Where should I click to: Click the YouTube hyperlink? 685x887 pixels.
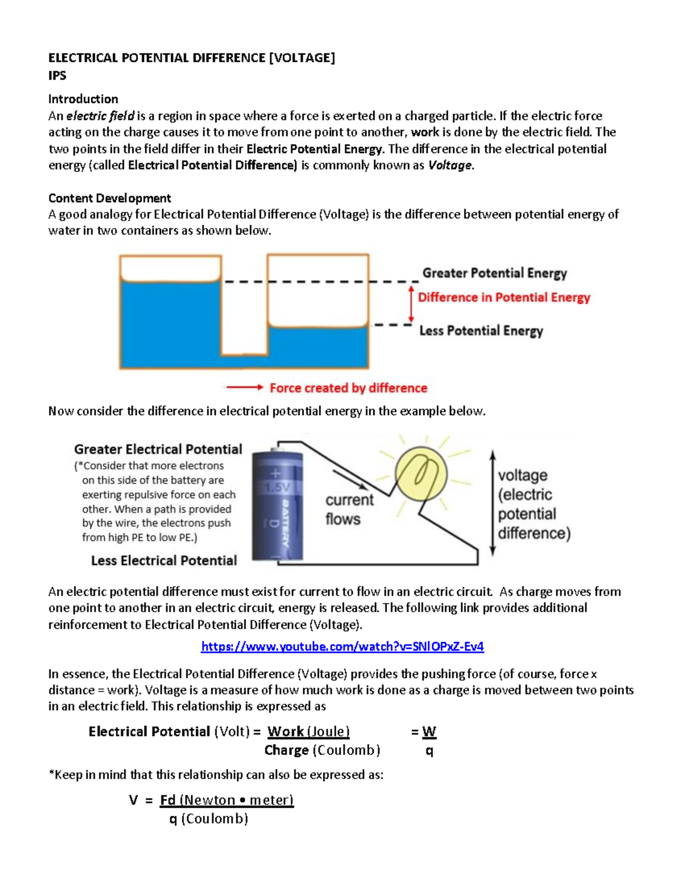pyautogui.click(x=342, y=647)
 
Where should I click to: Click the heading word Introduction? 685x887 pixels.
pyautogui.click(x=83, y=99)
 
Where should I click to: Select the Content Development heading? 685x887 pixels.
pyautogui.click(x=110, y=198)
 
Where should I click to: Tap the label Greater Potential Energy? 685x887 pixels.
pyautogui.click(x=494, y=273)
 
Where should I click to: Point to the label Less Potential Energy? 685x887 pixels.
pyautogui.click(x=481, y=331)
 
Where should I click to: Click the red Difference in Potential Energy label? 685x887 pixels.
pyautogui.click(x=503, y=298)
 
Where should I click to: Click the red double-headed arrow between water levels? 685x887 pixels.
pyautogui.click(x=411, y=304)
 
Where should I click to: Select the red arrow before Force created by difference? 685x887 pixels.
pyautogui.click(x=244, y=387)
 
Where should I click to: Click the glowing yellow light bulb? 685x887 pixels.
pyautogui.click(x=421, y=474)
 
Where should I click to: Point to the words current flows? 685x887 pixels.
pyautogui.click(x=349, y=509)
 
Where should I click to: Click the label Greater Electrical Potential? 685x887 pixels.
pyautogui.click(x=158, y=449)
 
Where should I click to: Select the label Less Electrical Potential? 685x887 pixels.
pyautogui.click(x=164, y=561)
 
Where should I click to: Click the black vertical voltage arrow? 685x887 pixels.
pyautogui.click(x=493, y=503)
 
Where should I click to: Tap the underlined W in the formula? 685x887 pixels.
pyautogui.click(x=429, y=732)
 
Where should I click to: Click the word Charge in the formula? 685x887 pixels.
pyautogui.click(x=287, y=750)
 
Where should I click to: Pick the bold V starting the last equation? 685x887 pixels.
pyautogui.click(x=134, y=800)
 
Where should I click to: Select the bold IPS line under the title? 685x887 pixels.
pyautogui.click(x=57, y=75)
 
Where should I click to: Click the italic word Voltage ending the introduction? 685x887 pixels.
pyautogui.click(x=450, y=166)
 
